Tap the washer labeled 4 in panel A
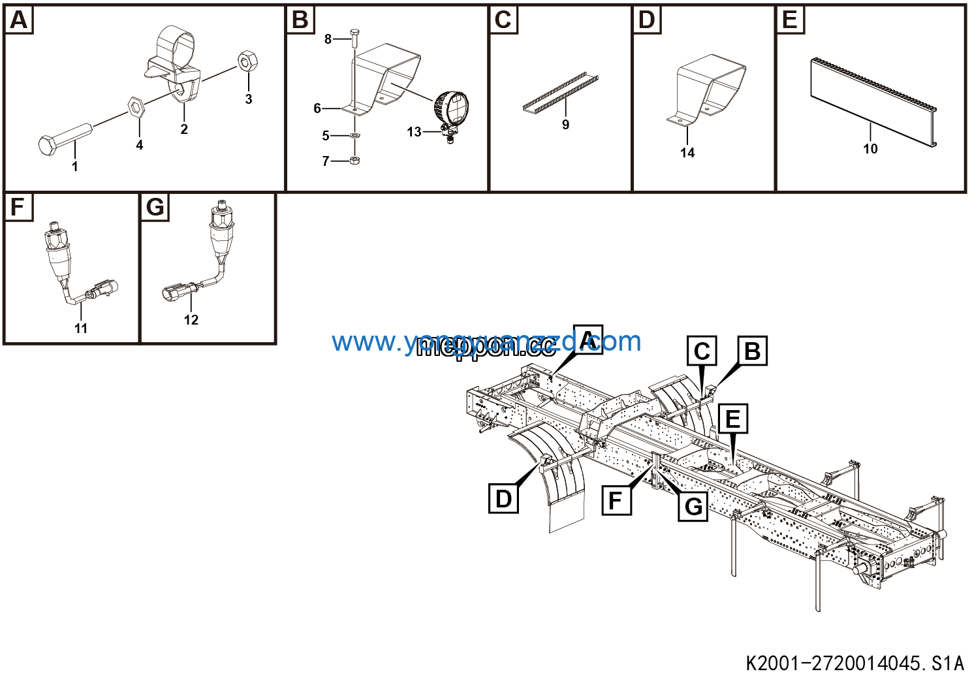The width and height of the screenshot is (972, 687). [135, 107]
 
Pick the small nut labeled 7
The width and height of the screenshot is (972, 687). [354, 161]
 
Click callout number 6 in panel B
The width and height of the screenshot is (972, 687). [317, 108]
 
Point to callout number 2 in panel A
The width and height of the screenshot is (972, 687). [184, 129]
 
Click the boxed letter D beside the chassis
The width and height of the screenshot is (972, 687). [503, 498]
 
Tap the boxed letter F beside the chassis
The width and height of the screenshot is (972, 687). [616, 500]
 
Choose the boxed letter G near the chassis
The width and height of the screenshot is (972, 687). [693, 506]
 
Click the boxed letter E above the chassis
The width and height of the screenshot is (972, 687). [733, 419]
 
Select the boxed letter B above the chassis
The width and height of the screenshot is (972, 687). [752, 351]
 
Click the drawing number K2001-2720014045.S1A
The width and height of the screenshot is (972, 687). [854, 663]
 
